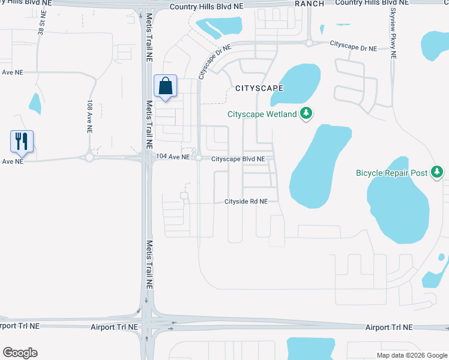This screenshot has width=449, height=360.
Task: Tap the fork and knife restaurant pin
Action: tap(22, 142)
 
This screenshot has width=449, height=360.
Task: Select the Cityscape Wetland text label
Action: tap(262, 114)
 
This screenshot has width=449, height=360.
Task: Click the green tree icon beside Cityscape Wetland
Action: tap(306, 113)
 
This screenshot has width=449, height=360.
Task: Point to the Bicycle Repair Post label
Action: tap(391, 173)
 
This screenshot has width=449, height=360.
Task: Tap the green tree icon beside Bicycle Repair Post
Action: tap(437, 173)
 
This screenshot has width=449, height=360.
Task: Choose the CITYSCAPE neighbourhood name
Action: tap(259, 88)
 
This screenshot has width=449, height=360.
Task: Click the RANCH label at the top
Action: tap(310, 4)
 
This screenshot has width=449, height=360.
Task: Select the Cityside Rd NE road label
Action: tap(251, 202)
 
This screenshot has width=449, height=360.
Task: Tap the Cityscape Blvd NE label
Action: tap(238, 159)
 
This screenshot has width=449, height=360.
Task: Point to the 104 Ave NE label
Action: tap(172, 157)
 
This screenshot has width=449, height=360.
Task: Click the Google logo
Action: tap(20, 353)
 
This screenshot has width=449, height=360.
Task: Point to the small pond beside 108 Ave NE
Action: tap(35, 104)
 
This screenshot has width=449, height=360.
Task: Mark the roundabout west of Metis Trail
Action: tap(90, 158)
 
